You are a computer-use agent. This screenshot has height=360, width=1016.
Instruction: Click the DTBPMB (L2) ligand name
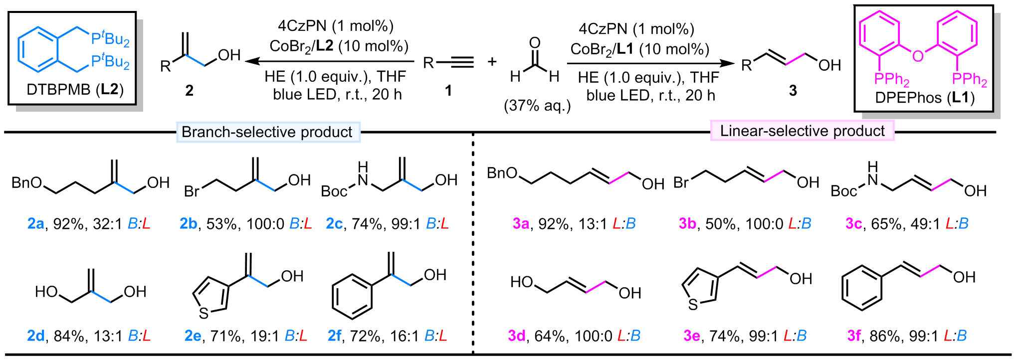click(x=75, y=90)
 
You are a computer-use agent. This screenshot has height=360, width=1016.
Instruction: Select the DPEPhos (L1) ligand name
click(x=925, y=98)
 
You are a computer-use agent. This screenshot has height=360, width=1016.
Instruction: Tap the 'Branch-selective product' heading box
click(x=267, y=132)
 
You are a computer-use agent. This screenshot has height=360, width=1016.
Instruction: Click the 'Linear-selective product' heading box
click(x=802, y=131)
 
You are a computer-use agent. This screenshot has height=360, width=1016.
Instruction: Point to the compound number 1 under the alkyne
click(x=448, y=90)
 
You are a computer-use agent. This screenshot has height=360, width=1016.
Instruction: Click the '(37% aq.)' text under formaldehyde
click(x=537, y=106)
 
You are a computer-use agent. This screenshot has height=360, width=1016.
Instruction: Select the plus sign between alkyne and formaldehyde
click(x=492, y=62)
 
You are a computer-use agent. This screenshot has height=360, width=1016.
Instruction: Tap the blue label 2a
click(x=35, y=224)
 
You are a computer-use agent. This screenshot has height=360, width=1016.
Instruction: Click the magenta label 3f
click(x=854, y=336)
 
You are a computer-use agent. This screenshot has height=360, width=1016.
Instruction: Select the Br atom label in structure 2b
click(x=192, y=191)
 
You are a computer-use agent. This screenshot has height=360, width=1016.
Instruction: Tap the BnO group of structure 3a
click(x=502, y=173)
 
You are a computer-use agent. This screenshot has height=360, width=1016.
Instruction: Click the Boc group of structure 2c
click(x=334, y=191)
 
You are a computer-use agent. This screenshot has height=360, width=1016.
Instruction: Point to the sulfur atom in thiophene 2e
click(x=203, y=313)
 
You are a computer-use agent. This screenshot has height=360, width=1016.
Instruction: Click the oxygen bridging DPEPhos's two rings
click(x=918, y=55)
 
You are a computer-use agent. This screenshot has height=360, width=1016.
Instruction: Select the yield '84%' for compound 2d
click(x=68, y=336)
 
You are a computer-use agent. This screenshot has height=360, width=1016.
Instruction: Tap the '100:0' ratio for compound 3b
click(x=764, y=224)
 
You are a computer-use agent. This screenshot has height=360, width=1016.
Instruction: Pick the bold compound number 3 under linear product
click(x=793, y=90)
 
